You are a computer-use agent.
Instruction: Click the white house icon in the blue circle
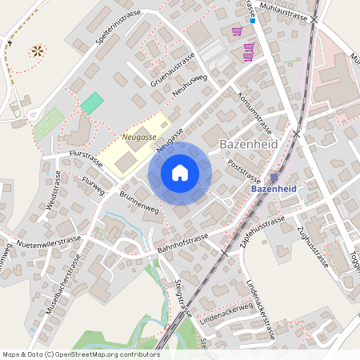180,172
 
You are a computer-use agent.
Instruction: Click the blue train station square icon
274,178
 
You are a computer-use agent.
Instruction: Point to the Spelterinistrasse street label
111,32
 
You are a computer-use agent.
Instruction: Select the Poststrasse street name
245,169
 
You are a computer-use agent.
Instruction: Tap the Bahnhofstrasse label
182,243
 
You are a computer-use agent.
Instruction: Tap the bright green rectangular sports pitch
92,103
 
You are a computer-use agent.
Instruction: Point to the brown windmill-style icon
36,51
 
